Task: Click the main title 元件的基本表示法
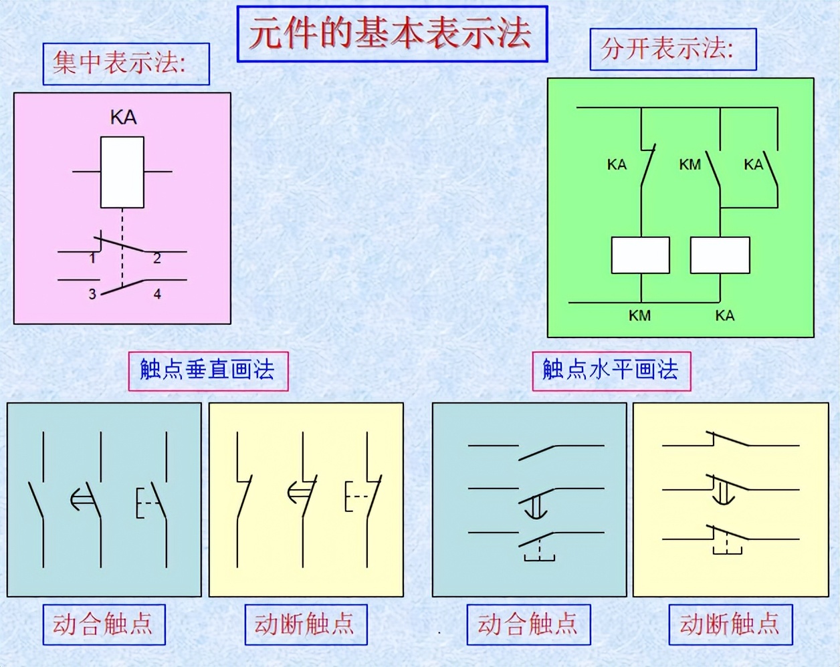[x=391, y=34]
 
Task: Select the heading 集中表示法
[x=119, y=63]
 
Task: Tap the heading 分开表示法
[x=667, y=49]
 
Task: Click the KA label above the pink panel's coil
[x=123, y=118]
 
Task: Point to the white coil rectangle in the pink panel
[x=122, y=172]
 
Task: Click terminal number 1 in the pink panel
[x=92, y=258]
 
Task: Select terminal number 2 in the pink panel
[x=157, y=258]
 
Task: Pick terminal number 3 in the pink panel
[x=92, y=293]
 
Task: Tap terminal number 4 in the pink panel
[x=157, y=293]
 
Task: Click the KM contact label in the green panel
[x=690, y=164]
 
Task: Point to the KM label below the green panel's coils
[x=640, y=315]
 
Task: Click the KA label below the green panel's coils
[x=725, y=315]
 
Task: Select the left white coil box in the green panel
[x=641, y=255]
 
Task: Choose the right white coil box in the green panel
[x=720, y=255]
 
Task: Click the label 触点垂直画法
[x=207, y=370]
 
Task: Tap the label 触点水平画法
[x=611, y=370]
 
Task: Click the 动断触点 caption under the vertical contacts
[x=304, y=624]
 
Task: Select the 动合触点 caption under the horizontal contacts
[x=528, y=624]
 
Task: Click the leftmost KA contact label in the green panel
[x=617, y=164]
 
